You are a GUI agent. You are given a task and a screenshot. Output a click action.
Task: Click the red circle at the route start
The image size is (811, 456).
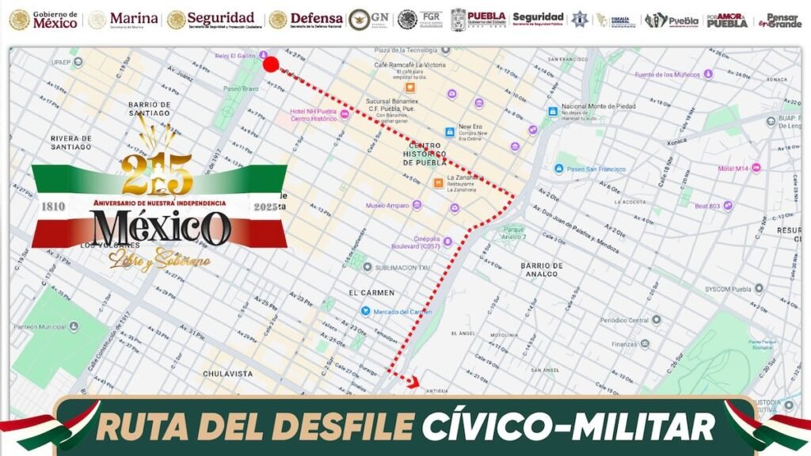[x=271, y=64]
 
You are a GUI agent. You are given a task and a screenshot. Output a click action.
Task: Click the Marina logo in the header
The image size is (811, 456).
[x=123, y=20]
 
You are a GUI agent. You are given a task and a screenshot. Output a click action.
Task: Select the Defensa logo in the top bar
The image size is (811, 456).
[x=307, y=20]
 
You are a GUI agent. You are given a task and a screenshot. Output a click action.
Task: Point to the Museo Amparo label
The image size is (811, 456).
[x=387, y=206]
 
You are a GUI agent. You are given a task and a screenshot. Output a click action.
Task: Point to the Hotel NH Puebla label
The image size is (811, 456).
[x=313, y=115]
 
